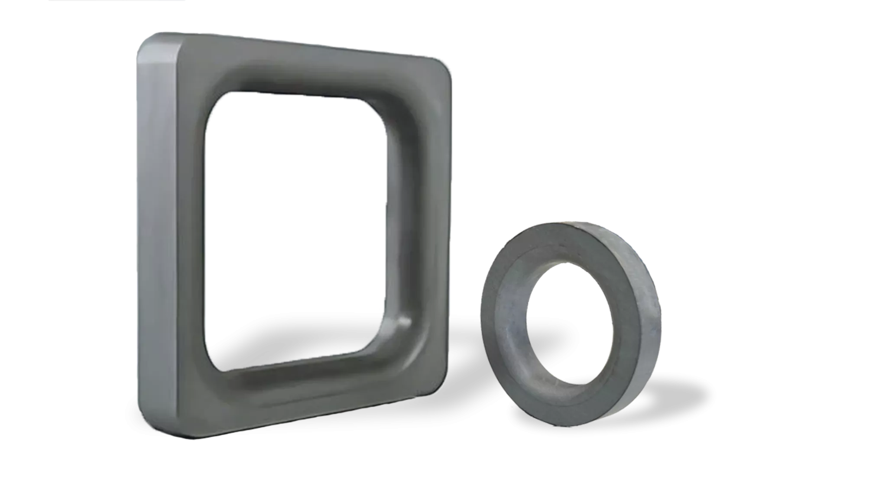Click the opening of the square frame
(x=295, y=230)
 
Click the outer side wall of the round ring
(x=645, y=312)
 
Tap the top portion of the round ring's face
(x=559, y=247)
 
